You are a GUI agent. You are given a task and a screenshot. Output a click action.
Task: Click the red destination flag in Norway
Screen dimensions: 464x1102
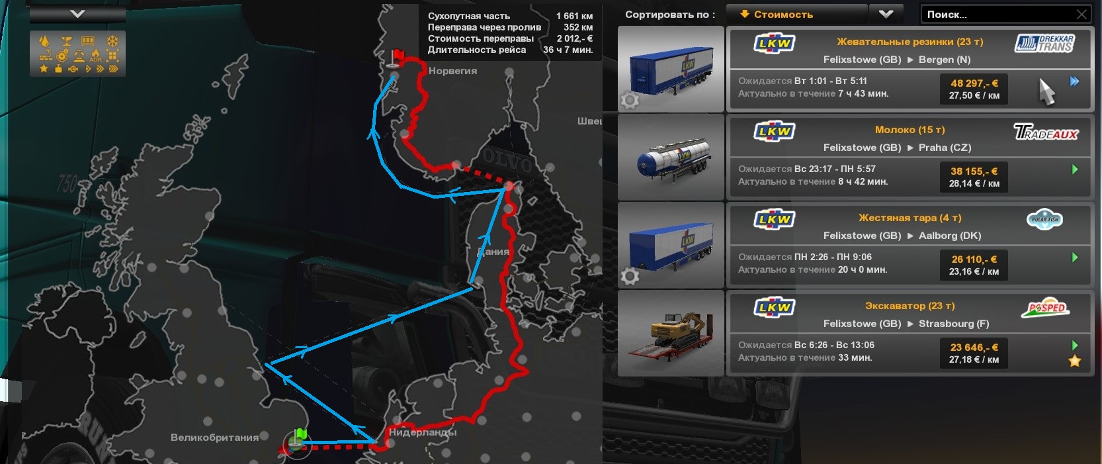398,57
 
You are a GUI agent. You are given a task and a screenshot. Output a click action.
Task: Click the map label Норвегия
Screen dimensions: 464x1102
452,71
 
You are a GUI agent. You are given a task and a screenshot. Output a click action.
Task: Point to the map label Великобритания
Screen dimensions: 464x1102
214,438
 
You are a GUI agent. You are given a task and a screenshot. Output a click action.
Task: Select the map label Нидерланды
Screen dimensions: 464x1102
423,432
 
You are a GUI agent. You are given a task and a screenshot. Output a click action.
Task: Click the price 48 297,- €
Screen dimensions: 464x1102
974,83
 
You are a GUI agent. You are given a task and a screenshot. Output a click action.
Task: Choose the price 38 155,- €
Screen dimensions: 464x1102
974,171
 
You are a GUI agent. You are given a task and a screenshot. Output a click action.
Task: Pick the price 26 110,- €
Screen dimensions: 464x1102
974,259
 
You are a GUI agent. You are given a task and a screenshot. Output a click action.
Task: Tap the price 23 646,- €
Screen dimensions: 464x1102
974,348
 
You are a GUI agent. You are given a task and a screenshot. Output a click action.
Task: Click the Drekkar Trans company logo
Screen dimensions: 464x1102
1044,44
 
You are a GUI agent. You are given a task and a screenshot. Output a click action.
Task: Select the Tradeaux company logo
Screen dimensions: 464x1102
1046,132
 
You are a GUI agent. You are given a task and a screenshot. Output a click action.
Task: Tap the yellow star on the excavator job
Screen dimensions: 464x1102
1075,361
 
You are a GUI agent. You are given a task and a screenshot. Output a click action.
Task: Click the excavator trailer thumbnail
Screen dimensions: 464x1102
671,333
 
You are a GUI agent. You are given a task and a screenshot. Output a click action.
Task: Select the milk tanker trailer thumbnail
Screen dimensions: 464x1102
671,158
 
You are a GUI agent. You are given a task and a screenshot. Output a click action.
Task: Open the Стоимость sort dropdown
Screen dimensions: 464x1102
886,14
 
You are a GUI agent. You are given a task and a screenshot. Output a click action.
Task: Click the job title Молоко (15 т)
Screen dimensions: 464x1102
910,130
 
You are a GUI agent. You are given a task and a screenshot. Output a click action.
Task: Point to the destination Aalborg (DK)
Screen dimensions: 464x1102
949,236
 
